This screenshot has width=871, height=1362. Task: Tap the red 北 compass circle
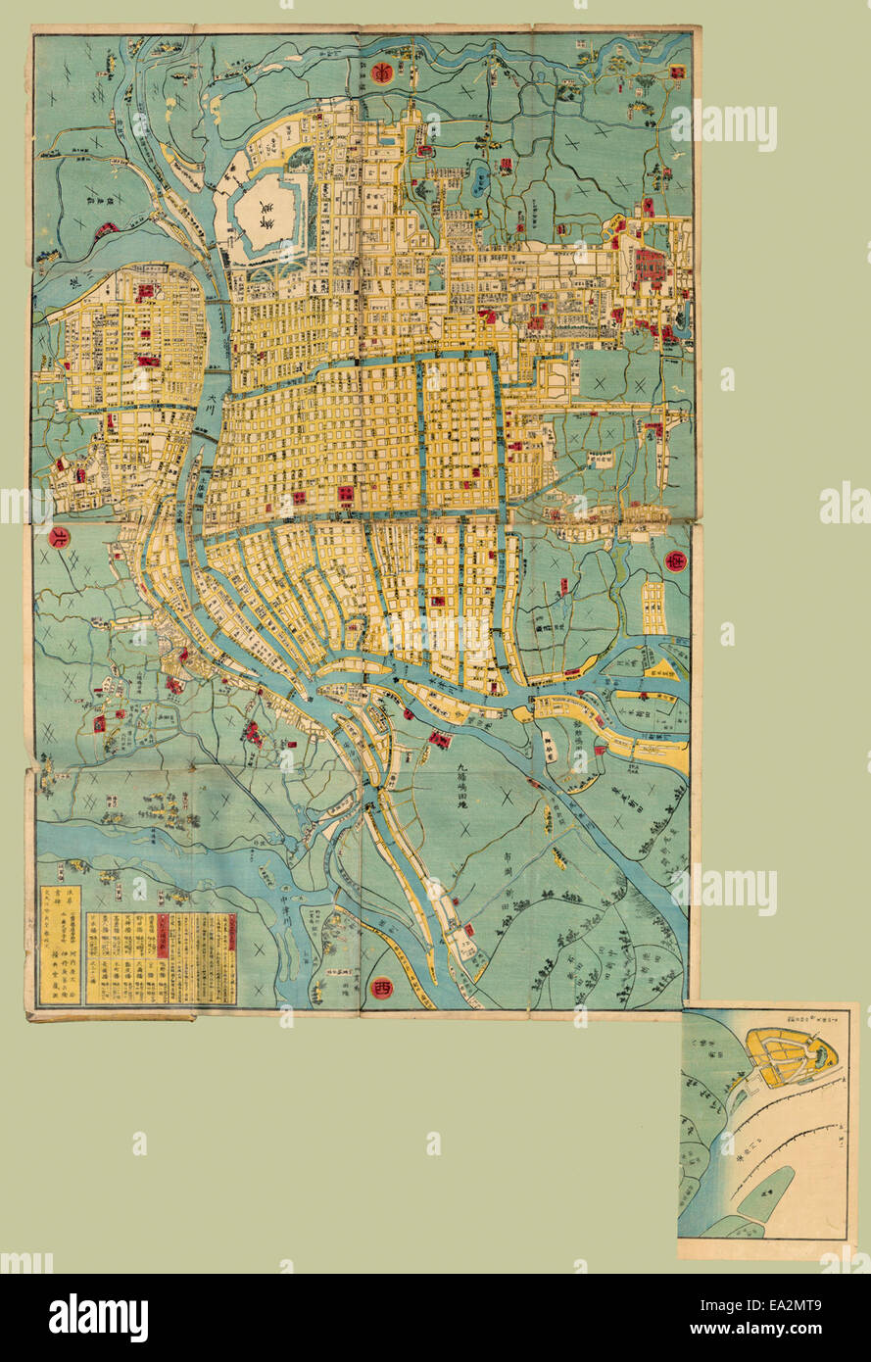pos(58,538)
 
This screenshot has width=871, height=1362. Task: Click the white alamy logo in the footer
pos(98,1318)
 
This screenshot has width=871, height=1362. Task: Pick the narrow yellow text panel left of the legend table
pos(61,945)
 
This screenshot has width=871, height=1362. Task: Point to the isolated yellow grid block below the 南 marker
pos(653,608)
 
